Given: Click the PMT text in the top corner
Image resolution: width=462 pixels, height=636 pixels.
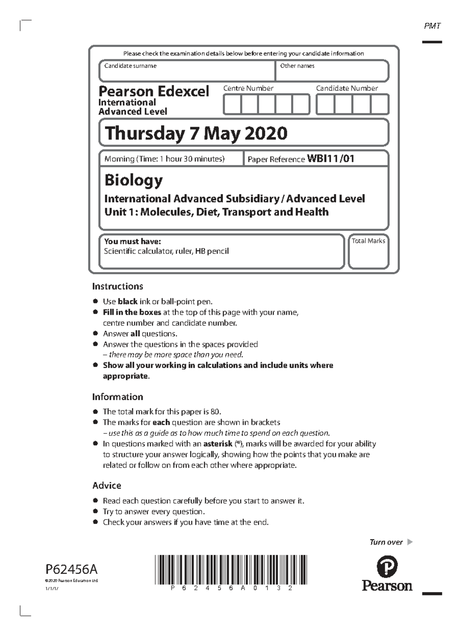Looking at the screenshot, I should [432, 26].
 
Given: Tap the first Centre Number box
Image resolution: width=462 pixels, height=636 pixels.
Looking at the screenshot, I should [232, 105].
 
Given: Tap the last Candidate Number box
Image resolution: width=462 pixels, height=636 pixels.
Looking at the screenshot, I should [380, 105].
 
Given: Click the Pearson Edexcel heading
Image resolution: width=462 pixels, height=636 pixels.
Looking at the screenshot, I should [154, 92].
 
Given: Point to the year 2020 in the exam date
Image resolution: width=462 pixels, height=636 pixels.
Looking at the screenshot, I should [266, 134].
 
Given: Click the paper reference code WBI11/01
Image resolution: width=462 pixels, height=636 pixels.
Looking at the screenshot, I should [330, 159].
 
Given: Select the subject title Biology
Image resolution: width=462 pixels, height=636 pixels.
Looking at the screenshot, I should [134, 180].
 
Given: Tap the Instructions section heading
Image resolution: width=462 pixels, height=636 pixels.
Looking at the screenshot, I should [117, 286].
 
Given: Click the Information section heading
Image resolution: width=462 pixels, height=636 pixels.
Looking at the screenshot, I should [117, 397].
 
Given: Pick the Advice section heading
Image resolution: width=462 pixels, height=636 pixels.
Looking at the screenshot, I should [107, 486].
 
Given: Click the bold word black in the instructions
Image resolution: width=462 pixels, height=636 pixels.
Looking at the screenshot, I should [127, 302].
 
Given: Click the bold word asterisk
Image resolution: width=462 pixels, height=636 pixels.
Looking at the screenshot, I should [218, 444].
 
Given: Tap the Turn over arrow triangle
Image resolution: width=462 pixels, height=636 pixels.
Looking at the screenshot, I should [410, 542].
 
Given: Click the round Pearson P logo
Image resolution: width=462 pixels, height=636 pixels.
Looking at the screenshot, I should [387, 567].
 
